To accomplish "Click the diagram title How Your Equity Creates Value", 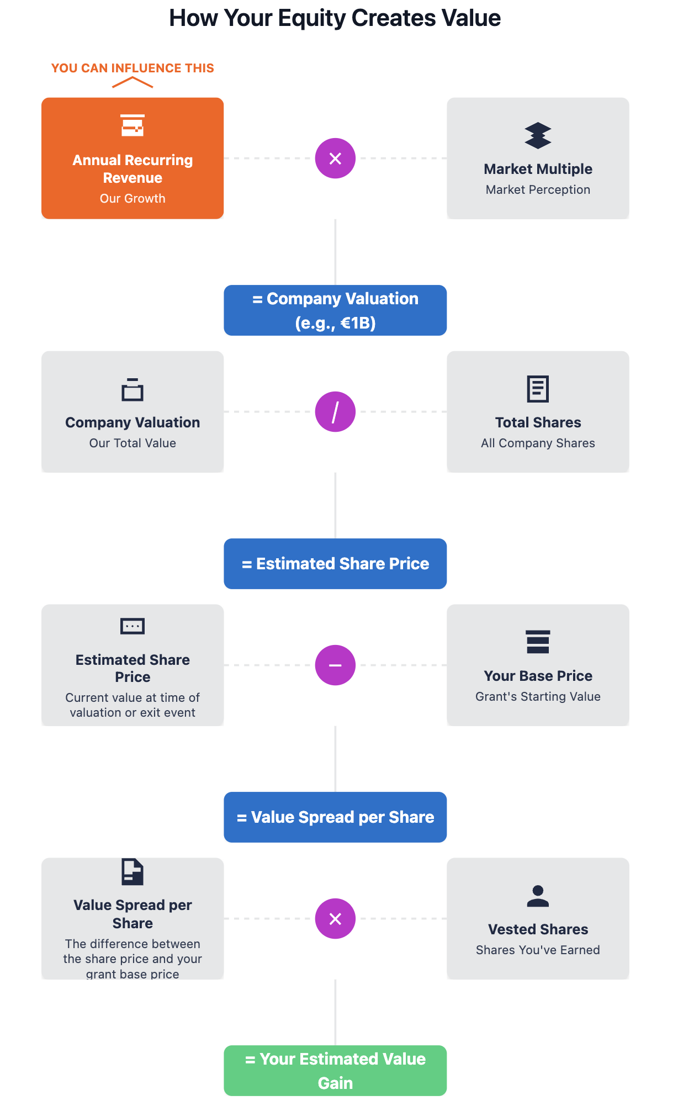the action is click(x=335, y=18).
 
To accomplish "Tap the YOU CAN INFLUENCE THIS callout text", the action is click(x=133, y=68).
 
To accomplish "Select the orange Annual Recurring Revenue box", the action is click(x=133, y=158).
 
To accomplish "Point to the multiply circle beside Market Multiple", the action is click(x=335, y=158).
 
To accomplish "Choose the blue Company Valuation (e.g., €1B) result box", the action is click(x=335, y=310).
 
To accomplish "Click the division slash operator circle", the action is click(x=335, y=412).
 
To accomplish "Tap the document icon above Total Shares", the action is click(x=538, y=389).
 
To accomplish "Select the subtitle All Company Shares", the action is click(x=538, y=443).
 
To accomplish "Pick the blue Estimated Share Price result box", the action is click(x=335, y=564).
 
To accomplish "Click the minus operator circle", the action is click(x=335, y=665).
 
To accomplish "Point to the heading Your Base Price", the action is click(x=538, y=676).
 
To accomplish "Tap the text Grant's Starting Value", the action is click(x=538, y=696).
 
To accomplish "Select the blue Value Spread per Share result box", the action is click(x=335, y=817).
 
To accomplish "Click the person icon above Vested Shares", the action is click(x=538, y=896).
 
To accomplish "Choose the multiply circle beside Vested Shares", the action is click(x=335, y=919).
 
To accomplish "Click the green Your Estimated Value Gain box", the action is click(x=335, y=1071).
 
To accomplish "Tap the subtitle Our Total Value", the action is click(x=133, y=443).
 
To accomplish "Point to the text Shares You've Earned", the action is click(x=538, y=950).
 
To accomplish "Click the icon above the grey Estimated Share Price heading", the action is click(x=133, y=626).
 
